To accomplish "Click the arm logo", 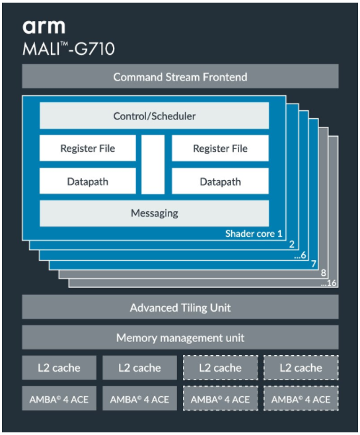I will point(44,26).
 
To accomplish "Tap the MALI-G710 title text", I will point(68,49).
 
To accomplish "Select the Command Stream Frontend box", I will point(180,77).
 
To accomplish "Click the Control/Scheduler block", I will point(154,116).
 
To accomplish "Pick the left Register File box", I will point(88,149).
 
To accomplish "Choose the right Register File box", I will point(220,149).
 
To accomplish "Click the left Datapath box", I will point(88,181).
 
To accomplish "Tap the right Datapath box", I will point(220,181).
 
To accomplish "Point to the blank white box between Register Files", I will point(153,164).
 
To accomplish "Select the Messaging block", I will point(154,213).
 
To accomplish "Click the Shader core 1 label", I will point(254,234).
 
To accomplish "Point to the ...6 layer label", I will point(303,255).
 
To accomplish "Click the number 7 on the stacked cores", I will point(313,264).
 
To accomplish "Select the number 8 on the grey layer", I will point(323,273).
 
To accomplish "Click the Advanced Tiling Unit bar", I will point(180,307).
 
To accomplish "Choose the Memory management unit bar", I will point(180,337).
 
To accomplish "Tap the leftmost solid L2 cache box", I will point(59,368).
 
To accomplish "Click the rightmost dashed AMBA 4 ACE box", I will point(301,399).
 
